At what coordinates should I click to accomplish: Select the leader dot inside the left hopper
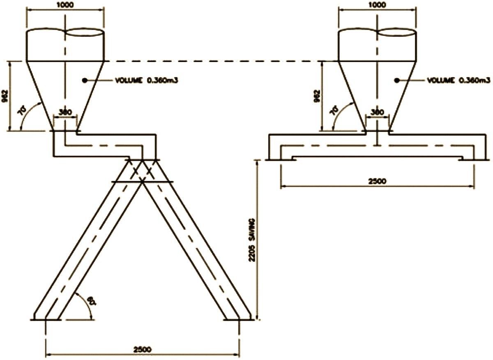pos(85,81)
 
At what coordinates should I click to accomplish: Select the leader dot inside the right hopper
pos(397,81)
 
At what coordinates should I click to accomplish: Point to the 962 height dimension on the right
pos(316,96)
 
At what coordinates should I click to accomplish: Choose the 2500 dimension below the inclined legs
pos(142,349)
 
